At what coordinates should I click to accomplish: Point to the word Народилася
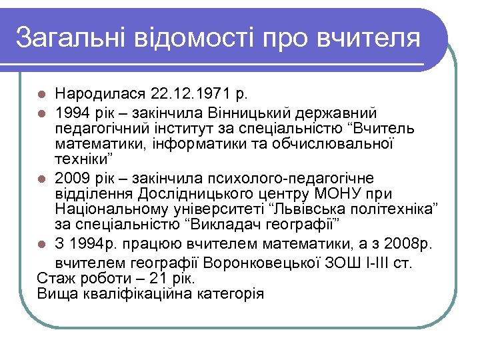[x=100, y=92]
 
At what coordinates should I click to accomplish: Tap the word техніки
[x=83, y=160]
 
